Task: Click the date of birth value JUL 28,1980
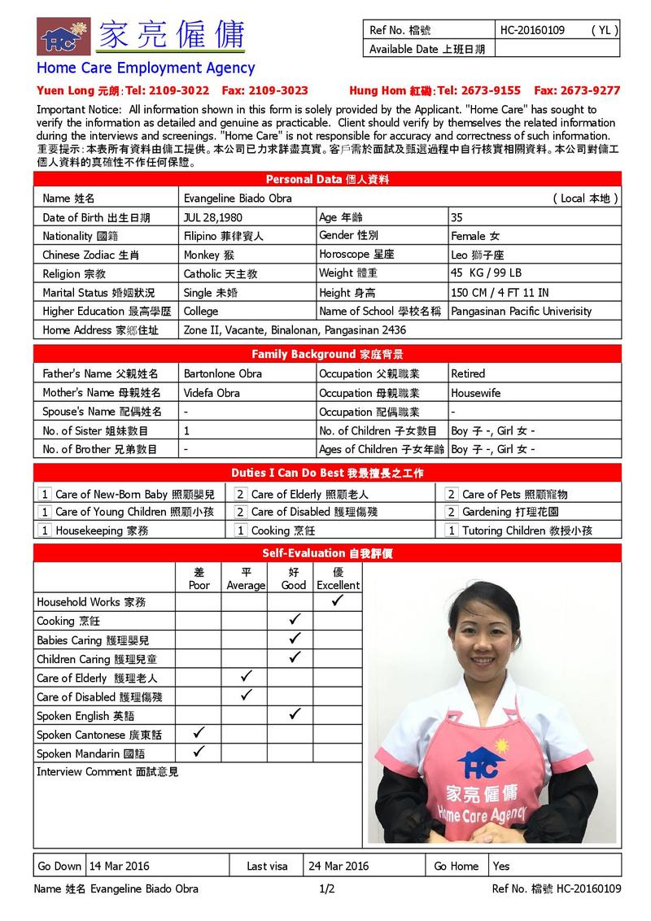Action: (212, 217)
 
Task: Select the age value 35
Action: (457, 217)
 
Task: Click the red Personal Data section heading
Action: (327, 179)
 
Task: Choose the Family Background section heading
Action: (327, 354)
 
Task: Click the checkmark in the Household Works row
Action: (337, 601)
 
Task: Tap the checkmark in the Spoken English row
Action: (294, 714)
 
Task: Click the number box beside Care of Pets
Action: (452, 494)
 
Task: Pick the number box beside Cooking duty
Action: (241, 530)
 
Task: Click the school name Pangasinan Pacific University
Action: (521, 311)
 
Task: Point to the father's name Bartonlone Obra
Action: (211, 373)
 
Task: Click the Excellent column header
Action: (337, 578)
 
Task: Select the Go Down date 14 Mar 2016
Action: (120, 866)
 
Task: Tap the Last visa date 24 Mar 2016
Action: (339, 866)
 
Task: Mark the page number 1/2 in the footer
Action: (327, 888)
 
